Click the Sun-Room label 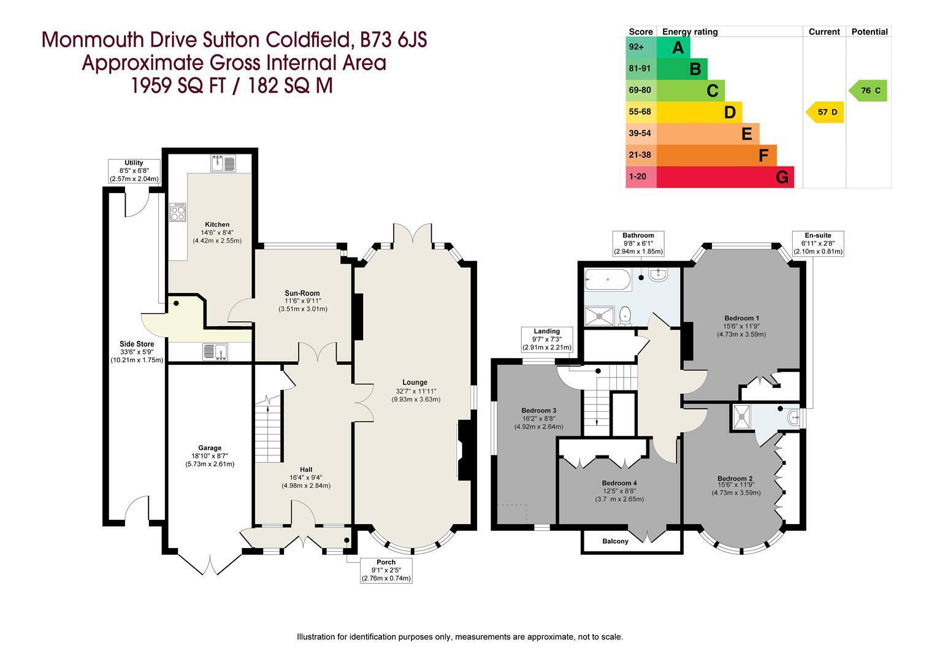(x=302, y=293)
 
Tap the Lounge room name (x=415, y=382)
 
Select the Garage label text (x=210, y=448)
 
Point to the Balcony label (x=615, y=541)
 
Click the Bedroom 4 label (x=619, y=483)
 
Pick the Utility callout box (x=134, y=170)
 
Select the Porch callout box (x=386, y=571)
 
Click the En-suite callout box (x=818, y=243)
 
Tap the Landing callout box (x=546, y=339)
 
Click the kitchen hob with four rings (x=178, y=212)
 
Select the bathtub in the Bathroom (x=607, y=280)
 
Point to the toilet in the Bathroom (x=624, y=315)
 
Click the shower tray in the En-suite (x=742, y=416)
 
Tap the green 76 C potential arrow (x=868, y=90)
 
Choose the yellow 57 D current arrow (x=825, y=112)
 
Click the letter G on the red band (x=782, y=177)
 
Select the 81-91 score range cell (x=641, y=69)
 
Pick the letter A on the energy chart (x=678, y=48)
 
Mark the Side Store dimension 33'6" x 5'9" (x=137, y=352)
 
